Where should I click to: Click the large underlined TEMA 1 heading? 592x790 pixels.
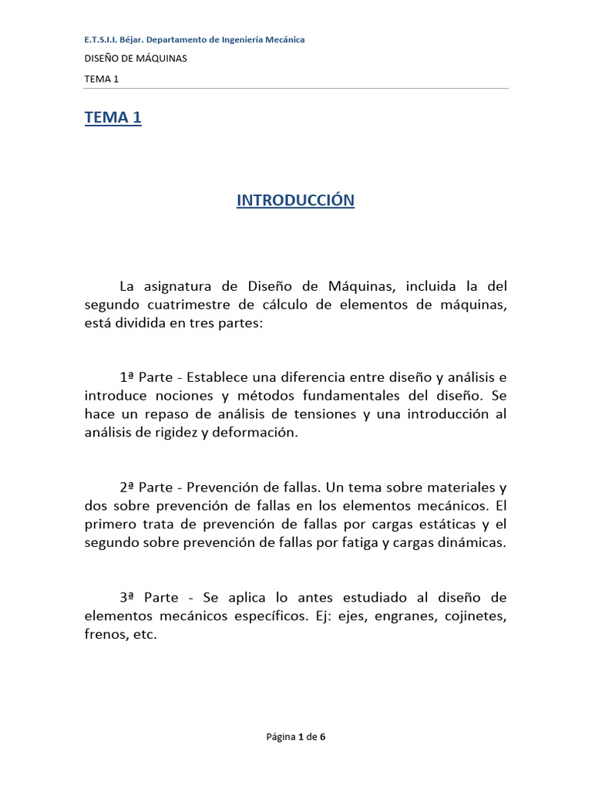(113, 118)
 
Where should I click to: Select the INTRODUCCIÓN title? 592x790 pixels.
(295, 201)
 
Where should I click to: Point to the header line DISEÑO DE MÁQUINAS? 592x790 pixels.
(135, 58)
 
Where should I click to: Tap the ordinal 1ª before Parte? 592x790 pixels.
(128, 378)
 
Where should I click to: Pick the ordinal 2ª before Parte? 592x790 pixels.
(128, 488)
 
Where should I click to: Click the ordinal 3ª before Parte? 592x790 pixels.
(128, 598)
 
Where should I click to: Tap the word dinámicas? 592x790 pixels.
(470, 543)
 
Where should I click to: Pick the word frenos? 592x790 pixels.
(104, 635)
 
